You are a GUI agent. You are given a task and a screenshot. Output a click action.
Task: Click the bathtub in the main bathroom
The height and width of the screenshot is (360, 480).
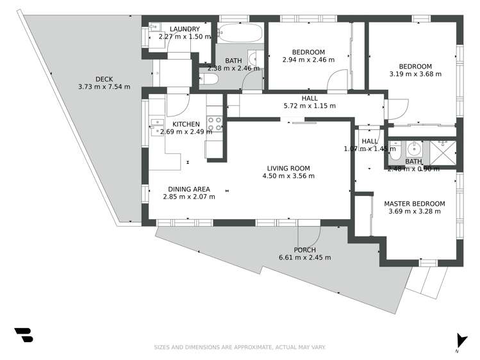pos(239,32)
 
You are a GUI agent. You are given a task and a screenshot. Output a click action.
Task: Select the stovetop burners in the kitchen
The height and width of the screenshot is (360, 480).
pos(215,123)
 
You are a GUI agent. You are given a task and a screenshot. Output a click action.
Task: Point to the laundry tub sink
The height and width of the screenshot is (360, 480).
pos(154,28)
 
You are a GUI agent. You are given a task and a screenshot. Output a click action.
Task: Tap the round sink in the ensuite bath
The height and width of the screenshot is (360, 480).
pos(413,151)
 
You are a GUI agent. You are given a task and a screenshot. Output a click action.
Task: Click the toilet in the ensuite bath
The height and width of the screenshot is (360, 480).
pos(395,152)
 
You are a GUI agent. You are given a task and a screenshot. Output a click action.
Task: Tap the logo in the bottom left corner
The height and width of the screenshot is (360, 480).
pos(24,335)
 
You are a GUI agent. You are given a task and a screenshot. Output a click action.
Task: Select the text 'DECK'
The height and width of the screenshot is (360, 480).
pos(104,79)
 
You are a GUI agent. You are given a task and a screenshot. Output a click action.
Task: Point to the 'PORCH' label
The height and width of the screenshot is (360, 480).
pos(305,250)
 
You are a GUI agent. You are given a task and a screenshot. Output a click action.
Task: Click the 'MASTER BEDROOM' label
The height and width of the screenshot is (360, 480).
pos(414,204)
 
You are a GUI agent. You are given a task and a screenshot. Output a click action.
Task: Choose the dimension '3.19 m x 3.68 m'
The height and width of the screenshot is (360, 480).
pos(415,74)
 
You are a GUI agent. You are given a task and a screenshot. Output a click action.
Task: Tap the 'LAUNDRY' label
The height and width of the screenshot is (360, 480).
pos(185,29)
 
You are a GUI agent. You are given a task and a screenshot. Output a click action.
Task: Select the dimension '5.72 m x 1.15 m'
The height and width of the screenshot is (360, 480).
pos(310,106)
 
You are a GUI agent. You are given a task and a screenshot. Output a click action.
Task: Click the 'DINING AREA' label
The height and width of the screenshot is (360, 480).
pos(189,189)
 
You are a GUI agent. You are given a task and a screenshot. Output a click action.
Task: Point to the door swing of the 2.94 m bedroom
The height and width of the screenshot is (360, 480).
pos(335,82)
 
